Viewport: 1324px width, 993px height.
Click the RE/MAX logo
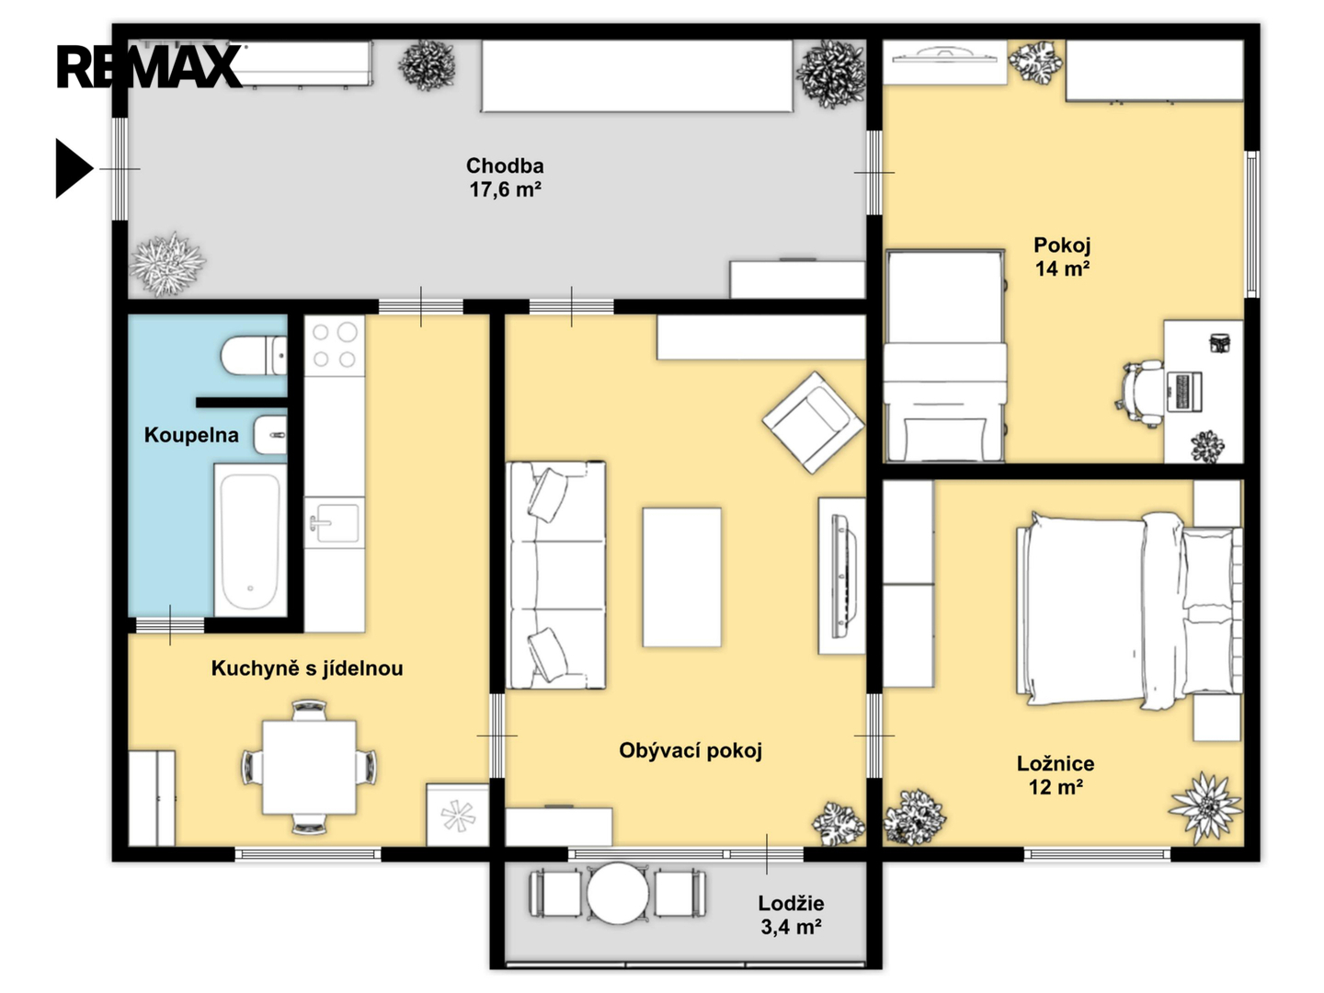point(149,66)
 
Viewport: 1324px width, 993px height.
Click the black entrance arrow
point(74,168)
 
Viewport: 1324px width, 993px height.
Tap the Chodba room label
point(505,177)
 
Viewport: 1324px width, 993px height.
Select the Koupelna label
point(191,435)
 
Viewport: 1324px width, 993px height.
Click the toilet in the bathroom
point(254,356)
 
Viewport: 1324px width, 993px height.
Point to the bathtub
point(250,541)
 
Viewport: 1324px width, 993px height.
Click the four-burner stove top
point(334,345)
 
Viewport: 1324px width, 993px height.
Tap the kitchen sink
point(334,523)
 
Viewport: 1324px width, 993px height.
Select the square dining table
point(309,768)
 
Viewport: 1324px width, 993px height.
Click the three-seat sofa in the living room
point(555,576)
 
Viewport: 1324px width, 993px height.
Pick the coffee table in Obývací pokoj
point(681,577)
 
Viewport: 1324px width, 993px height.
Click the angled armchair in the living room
point(813,422)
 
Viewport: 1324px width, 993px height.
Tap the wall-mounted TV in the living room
point(844,576)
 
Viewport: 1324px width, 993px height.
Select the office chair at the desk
point(1139,394)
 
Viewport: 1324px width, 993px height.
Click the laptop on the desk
point(1184,392)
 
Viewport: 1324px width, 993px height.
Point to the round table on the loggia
point(618,894)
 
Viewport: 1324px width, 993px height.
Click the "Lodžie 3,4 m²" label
point(791,915)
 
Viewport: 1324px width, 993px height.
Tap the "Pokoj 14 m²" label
point(1062,257)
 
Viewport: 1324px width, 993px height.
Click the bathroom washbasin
point(269,435)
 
